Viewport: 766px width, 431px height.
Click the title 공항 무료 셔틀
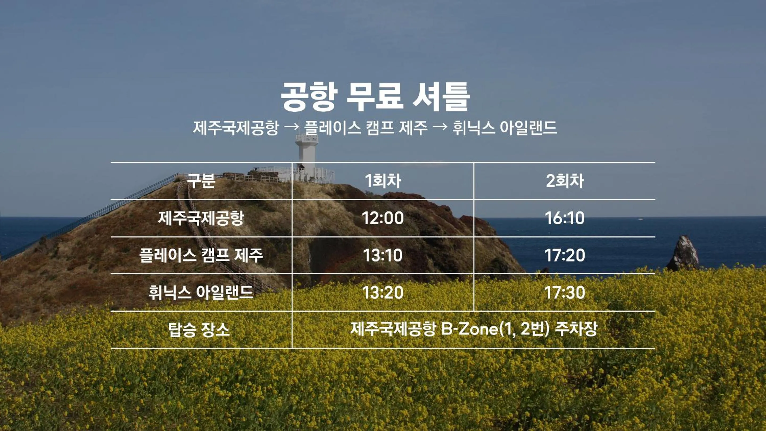(x=375, y=97)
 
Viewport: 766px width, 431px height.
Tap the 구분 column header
(x=201, y=181)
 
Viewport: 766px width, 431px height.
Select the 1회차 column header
(x=383, y=181)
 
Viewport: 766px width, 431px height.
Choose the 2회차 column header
(x=565, y=181)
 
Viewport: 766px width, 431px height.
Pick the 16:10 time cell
(x=565, y=218)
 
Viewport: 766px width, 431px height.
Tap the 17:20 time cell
(x=565, y=255)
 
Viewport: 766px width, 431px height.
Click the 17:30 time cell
(x=565, y=292)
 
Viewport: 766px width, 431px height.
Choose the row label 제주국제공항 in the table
(x=201, y=218)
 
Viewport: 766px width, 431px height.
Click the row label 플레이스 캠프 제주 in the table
(x=201, y=255)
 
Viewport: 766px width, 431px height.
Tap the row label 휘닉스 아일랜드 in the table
(x=201, y=292)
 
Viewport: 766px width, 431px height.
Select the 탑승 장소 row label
(x=199, y=330)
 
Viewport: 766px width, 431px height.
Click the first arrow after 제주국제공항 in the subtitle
(x=291, y=127)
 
